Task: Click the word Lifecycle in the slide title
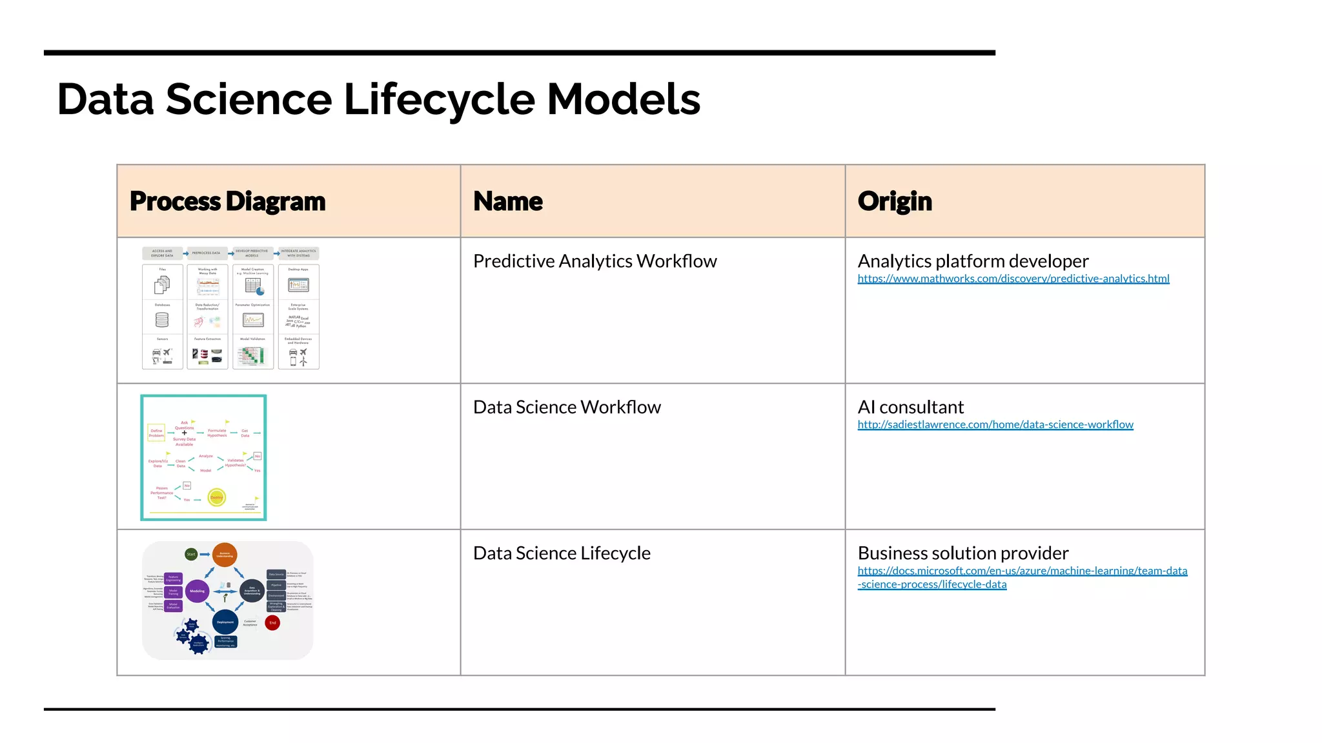[439, 100]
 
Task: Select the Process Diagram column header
[227, 201]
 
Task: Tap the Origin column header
[895, 201]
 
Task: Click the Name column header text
[507, 201]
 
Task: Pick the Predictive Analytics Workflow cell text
[595, 261]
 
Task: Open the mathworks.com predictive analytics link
[1013, 279]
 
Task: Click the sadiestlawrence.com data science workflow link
[995, 424]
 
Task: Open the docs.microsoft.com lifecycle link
[1022, 571]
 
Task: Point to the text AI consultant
[910, 407]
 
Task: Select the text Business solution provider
[962, 553]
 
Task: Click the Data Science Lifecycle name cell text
[562, 553]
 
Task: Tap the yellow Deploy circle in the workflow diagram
[217, 497]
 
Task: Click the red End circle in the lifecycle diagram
[272, 623]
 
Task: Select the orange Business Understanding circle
[225, 555]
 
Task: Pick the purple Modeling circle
[197, 591]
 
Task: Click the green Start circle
[191, 554]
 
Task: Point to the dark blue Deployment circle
[225, 622]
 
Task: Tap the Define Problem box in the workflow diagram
[157, 433]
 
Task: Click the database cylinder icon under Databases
[162, 320]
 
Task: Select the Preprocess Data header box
[206, 253]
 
